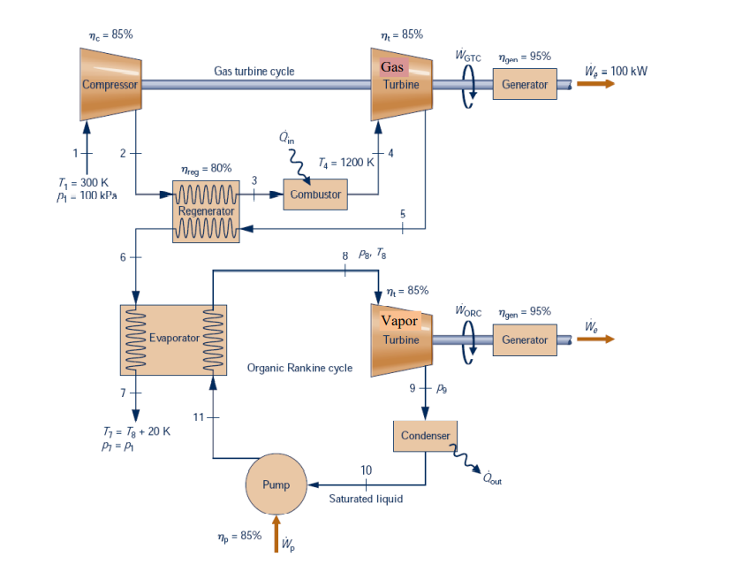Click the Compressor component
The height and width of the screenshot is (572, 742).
(x=110, y=85)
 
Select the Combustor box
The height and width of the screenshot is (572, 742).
(x=315, y=194)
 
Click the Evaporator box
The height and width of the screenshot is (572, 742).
(x=173, y=339)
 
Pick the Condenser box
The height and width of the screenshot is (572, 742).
(x=425, y=436)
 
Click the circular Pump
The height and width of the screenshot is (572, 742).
(x=276, y=484)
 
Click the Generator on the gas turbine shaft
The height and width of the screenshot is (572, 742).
(x=525, y=85)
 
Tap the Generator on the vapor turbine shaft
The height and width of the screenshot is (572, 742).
(x=525, y=339)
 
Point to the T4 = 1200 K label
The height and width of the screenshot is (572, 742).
(x=345, y=164)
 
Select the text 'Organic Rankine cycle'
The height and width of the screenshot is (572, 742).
(x=299, y=368)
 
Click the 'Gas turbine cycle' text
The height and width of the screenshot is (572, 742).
(x=254, y=71)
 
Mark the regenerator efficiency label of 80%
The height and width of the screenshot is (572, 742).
(x=206, y=168)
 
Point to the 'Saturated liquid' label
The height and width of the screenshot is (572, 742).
(x=366, y=499)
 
